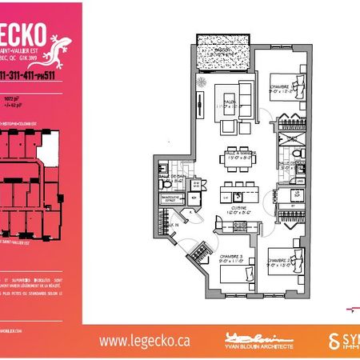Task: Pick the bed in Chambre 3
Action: coord(233,280)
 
